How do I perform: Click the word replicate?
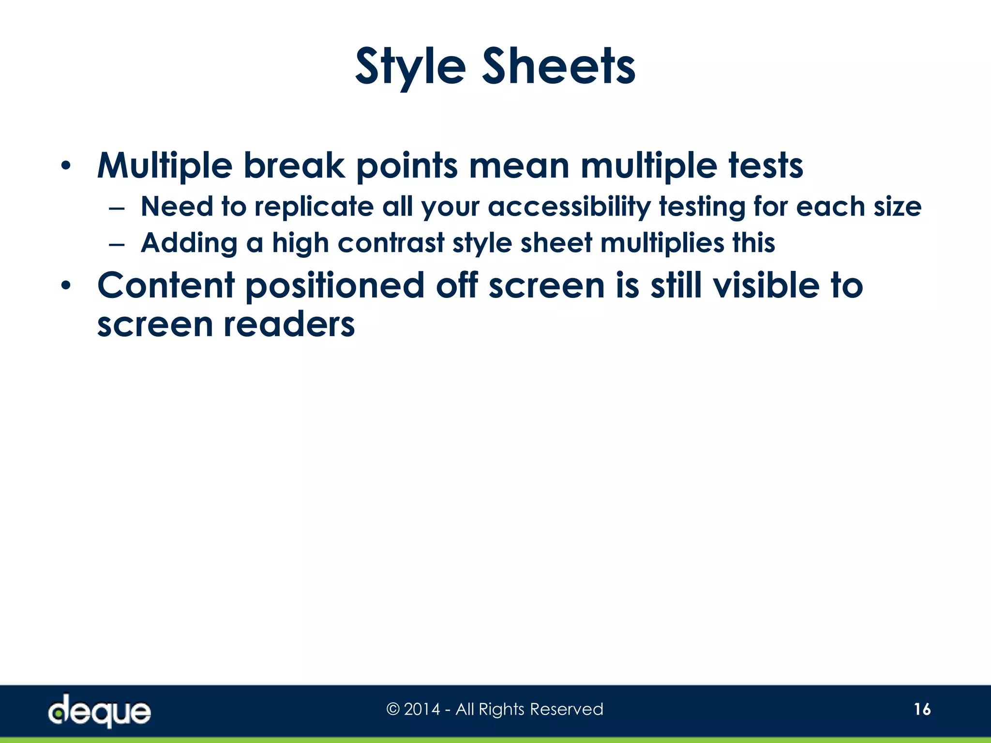click(314, 207)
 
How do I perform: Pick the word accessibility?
click(569, 207)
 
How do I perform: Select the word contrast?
click(390, 242)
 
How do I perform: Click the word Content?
click(166, 285)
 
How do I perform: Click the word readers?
click(289, 324)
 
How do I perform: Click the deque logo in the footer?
click(100, 711)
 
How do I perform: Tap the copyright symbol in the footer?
click(393, 710)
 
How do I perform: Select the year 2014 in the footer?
click(422, 710)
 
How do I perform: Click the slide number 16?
click(922, 710)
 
